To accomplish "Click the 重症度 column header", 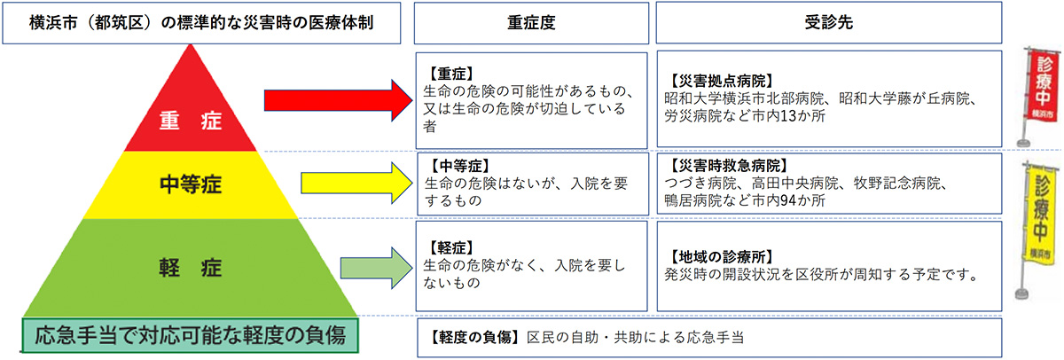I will coord(529,23).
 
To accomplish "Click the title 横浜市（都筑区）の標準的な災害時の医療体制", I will coord(202,23).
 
